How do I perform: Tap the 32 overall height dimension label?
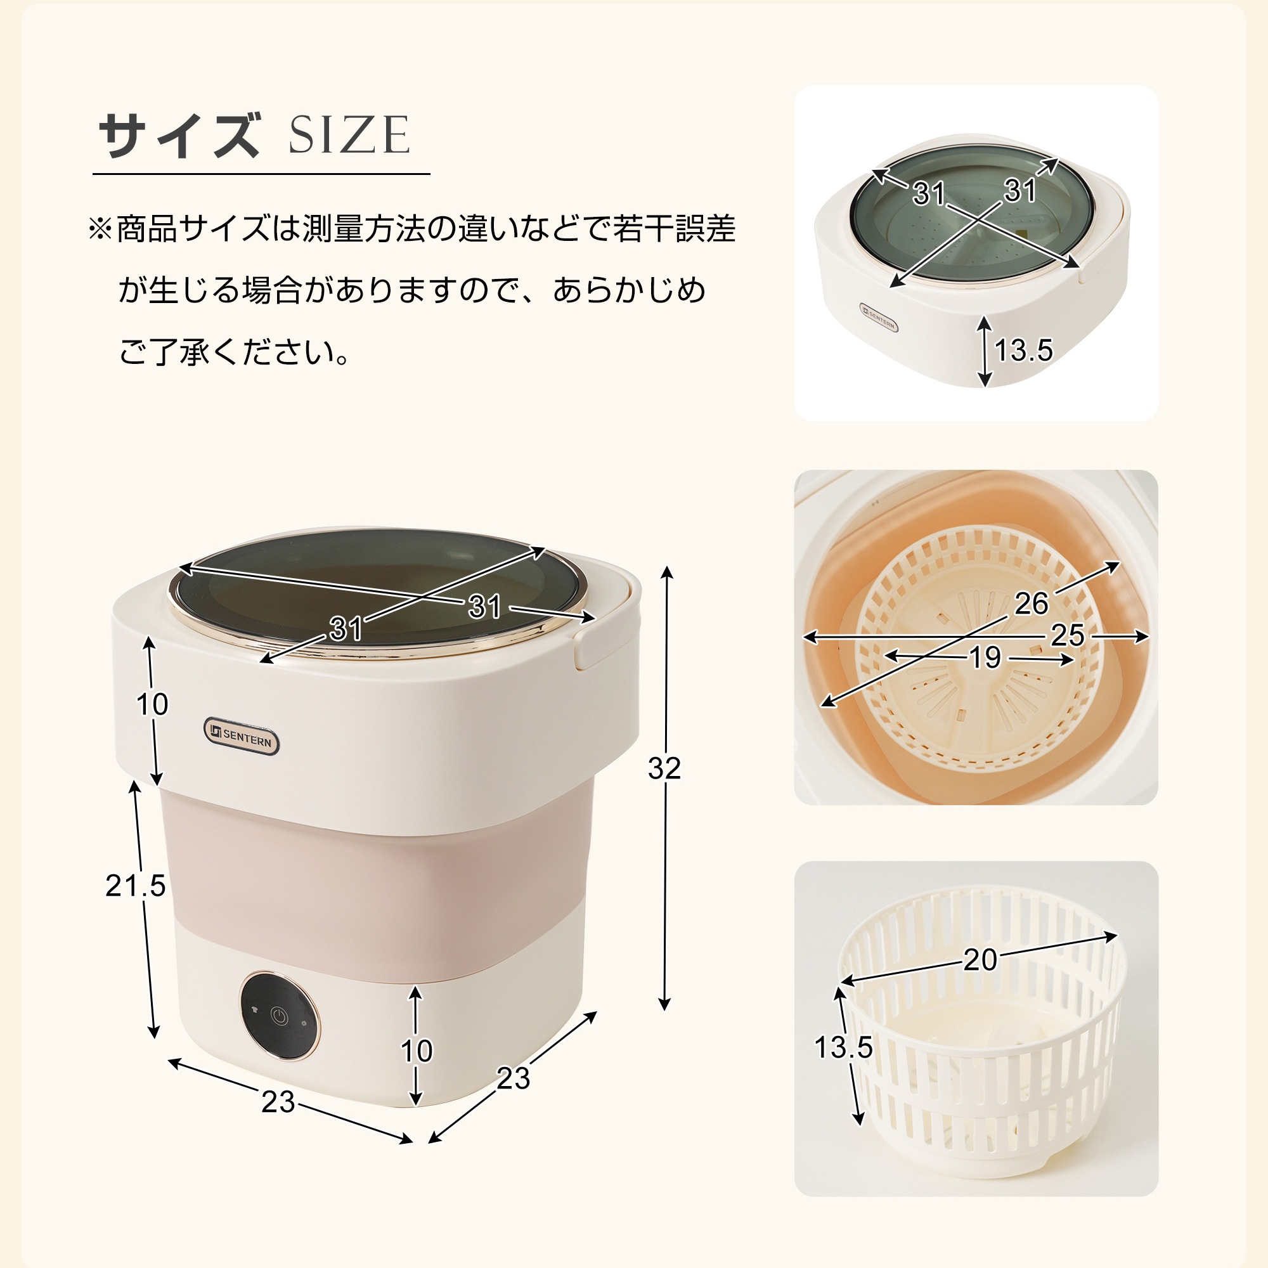[664, 768]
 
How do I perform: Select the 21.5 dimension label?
[135, 886]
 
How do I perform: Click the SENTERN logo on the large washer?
[242, 735]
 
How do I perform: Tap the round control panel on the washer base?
[280, 1016]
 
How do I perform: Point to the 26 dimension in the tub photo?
[1031, 603]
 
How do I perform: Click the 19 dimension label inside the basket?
[985, 657]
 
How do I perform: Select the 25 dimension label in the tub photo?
[1067, 635]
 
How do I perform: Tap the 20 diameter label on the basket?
[980, 960]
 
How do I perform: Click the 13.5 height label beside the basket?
[843, 1047]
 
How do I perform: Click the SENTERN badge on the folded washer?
[879, 317]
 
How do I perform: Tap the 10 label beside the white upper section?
[152, 704]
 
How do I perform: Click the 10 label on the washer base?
[417, 1051]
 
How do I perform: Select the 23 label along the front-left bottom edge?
[278, 1102]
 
